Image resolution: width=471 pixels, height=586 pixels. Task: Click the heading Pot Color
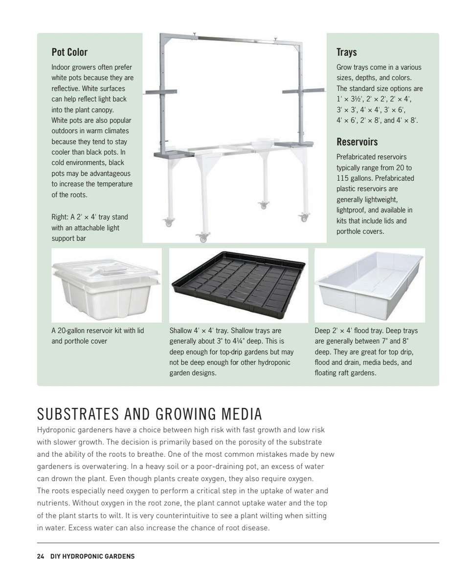click(x=69, y=52)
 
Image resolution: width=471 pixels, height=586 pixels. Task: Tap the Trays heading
click(x=346, y=52)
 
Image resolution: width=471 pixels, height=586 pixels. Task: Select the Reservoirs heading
click(x=357, y=142)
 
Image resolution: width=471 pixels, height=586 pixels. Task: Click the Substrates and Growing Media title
click(x=150, y=414)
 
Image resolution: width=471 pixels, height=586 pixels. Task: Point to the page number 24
click(x=41, y=556)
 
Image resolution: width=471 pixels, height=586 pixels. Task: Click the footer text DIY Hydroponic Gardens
click(x=92, y=556)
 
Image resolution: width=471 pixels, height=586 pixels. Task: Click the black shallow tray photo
click(x=238, y=284)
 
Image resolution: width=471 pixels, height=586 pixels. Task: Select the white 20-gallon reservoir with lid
click(x=106, y=284)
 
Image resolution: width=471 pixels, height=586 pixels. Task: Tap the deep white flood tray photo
click(x=369, y=284)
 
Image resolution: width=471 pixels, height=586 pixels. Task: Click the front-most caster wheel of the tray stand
click(x=203, y=238)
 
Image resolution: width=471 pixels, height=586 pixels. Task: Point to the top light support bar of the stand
click(x=230, y=38)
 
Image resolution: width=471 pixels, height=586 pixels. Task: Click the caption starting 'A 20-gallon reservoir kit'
click(x=98, y=331)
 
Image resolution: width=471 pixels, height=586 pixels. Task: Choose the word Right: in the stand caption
click(x=60, y=217)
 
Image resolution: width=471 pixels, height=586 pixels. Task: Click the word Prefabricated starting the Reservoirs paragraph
click(x=357, y=157)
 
